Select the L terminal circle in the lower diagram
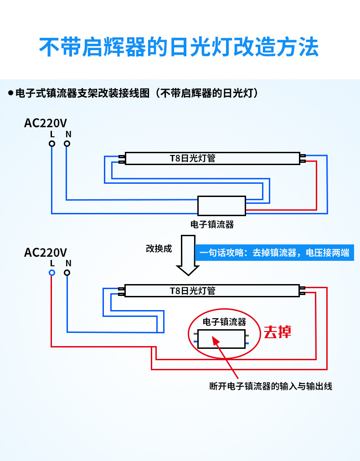(x=52, y=273)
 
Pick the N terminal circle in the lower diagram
(x=67, y=273)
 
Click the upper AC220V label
(x=46, y=123)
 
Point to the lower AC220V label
(x=46, y=252)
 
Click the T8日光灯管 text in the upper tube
(x=192, y=158)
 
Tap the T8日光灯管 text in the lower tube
(x=192, y=290)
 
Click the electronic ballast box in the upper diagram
(x=221, y=206)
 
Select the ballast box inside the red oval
(x=221, y=339)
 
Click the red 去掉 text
(x=278, y=332)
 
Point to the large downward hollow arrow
(x=188, y=255)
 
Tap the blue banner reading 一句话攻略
(x=274, y=253)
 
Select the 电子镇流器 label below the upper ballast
(x=212, y=224)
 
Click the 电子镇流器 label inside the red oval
(x=224, y=322)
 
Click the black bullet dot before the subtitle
(x=10, y=93)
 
